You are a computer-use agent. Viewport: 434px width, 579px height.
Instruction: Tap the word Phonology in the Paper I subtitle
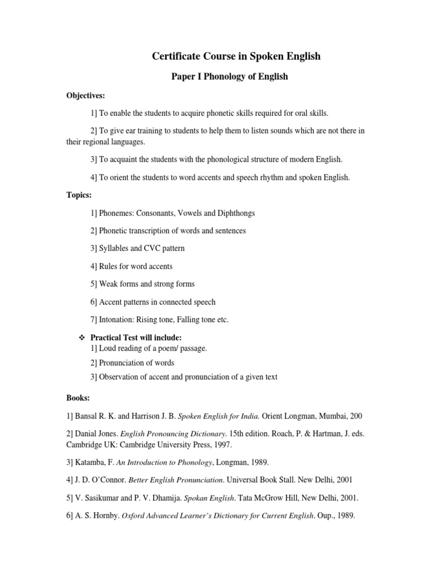pyautogui.click(x=220, y=77)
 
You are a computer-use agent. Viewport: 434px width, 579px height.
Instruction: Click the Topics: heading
pyautogui.click(x=79, y=195)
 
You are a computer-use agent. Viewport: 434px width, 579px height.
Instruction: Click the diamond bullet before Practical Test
pyautogui.click(x=80, y=338)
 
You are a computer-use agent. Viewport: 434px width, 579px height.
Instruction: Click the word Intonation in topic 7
pyautogui.click(x=116, y=319)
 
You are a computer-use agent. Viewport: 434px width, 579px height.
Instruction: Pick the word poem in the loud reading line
pyautogui.click(x=157, y=348)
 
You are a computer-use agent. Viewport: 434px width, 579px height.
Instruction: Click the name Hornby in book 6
pyautogui.click(x=105, y=516)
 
